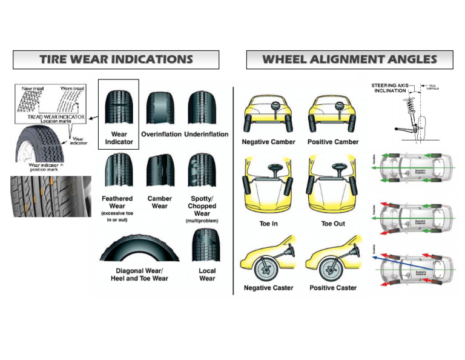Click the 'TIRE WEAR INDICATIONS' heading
coord(116,59)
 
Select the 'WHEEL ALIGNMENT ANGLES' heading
coord(349,59)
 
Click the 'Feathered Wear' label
coord(117,202)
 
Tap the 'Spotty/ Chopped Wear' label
coord(202,206)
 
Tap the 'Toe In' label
coord(268,224)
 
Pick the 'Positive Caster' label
coord(333,288)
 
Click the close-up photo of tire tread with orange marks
coord(51,196)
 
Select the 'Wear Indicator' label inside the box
coord(119,138)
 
